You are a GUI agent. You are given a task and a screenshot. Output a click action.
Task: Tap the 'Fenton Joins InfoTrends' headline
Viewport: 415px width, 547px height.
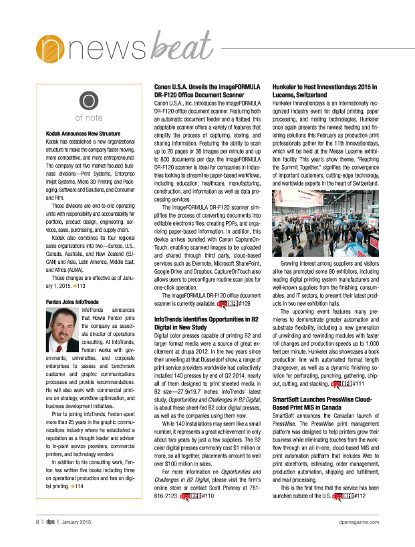point(70,302)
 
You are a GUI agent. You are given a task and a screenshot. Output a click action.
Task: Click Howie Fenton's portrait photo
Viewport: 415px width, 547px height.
point(61,331)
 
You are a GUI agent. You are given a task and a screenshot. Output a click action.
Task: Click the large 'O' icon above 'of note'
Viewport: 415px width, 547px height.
point(88,101)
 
